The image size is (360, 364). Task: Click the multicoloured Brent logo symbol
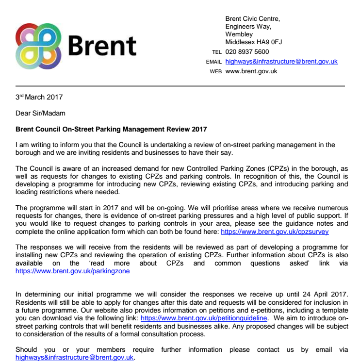click(x=38, y=45)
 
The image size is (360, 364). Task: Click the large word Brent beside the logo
click(x=102, y=46)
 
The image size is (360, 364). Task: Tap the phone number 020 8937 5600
click(x=247, y=52)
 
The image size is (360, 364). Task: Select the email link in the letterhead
click(x=281, y=62)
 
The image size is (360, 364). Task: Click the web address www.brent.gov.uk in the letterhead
click(x=251, y=71)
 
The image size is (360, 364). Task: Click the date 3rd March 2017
click(x=39, y=97)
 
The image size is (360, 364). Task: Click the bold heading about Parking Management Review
click(x=111, y=130)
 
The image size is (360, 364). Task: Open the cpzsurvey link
click(x=275, y=232)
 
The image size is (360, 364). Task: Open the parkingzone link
click(x=73, y=272)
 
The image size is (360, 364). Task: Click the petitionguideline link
click(x=204, y=318)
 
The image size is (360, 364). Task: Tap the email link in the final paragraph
click(x=74, y=357)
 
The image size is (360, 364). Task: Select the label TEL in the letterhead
click(x=217, y=52)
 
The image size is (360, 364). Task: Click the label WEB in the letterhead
click(x=215, y=71)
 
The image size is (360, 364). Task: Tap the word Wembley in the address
click(x=239, y=34)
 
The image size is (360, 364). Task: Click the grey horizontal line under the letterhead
click(x=180, y=86)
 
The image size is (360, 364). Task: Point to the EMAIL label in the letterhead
click(x=213, y=62)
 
